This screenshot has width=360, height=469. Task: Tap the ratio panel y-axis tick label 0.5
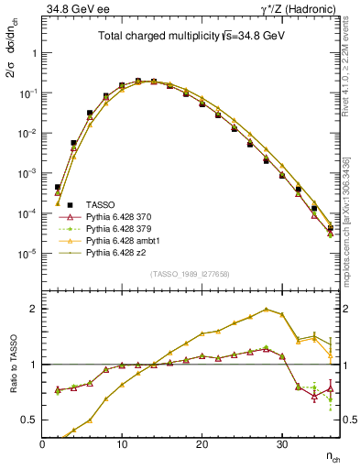click(x=30, y=420)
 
